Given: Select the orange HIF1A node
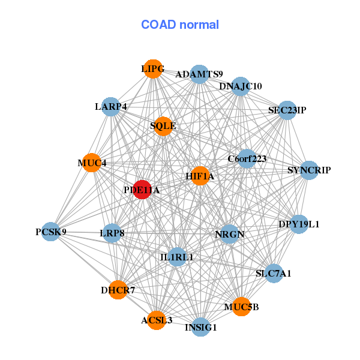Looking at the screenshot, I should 200,176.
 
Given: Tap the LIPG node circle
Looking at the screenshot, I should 153,69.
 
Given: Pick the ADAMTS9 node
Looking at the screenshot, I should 199,74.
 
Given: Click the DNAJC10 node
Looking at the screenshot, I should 240,86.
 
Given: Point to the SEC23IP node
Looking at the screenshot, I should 287,110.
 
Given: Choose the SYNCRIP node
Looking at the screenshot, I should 309,170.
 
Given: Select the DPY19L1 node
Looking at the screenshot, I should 299,224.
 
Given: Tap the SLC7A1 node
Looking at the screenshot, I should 274,274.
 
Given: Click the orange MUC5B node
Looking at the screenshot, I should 241,307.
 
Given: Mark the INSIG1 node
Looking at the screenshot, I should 201,327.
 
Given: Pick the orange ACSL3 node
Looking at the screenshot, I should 157,320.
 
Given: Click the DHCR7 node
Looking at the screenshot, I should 118,290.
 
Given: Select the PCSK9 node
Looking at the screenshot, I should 51,232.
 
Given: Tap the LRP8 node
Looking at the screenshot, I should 112,232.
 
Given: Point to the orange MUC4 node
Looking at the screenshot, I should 92,163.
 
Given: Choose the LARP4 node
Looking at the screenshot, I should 110,107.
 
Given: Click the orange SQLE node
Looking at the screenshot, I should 163,126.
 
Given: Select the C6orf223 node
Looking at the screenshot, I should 247,159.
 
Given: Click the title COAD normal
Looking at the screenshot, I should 180,25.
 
